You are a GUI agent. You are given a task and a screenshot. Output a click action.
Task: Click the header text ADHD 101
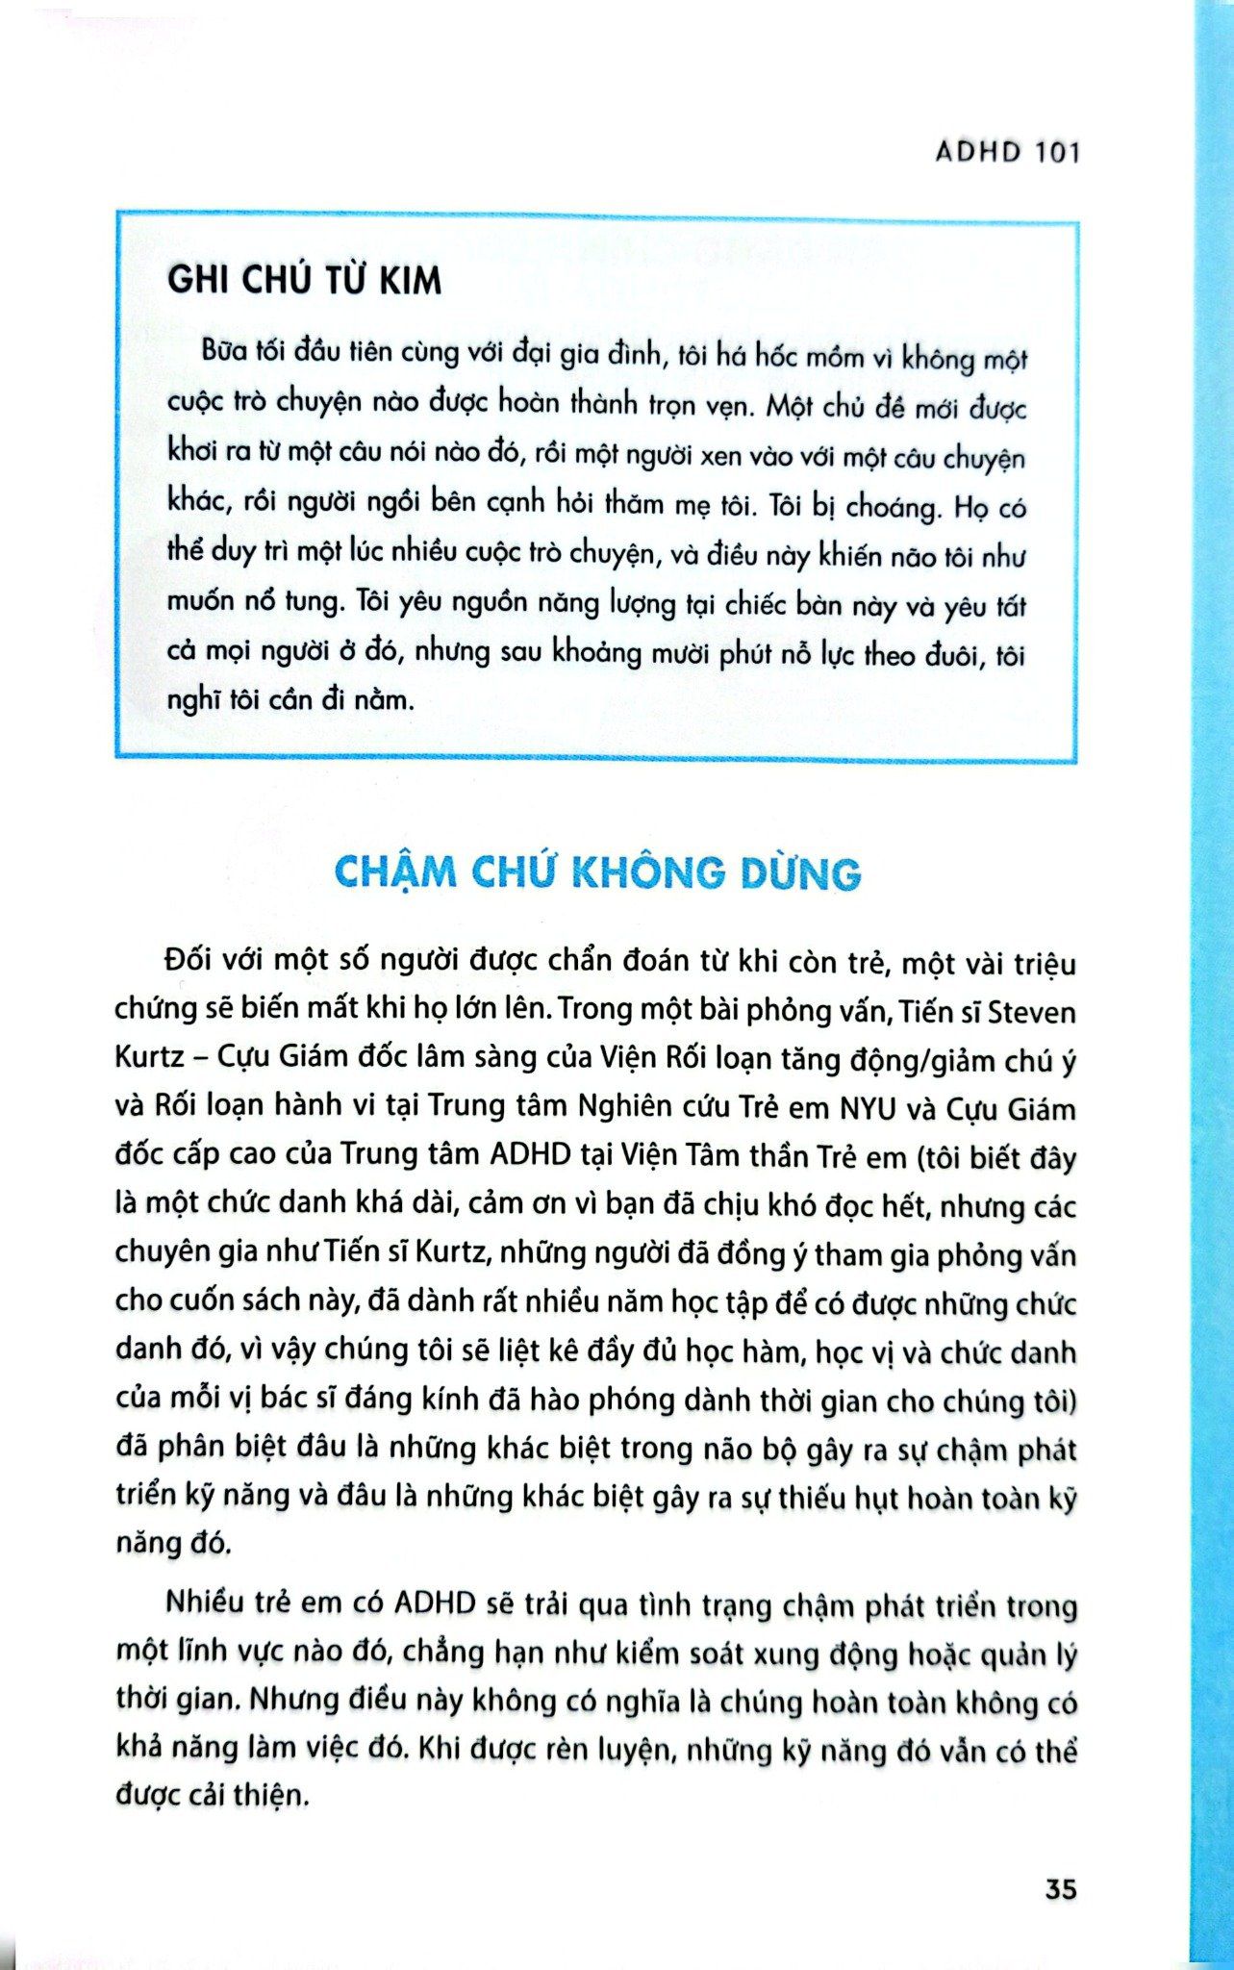point(1007,152)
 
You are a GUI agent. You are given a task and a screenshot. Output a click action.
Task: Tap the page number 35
point(1060,1888)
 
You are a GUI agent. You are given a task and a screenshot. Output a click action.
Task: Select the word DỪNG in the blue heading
point(802,872)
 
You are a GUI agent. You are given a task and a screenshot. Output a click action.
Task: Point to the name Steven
point(1032,1012)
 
